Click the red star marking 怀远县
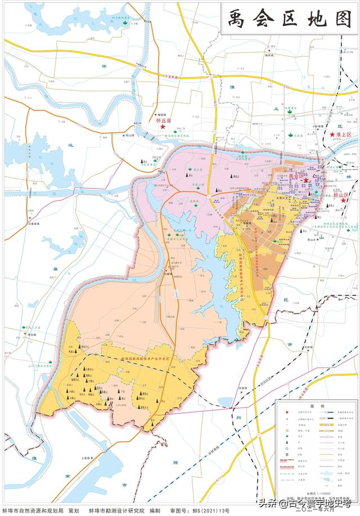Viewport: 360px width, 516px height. pos(163,127)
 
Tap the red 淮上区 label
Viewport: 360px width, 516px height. pos(343,134)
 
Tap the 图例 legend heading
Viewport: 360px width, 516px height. pos(316,405)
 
